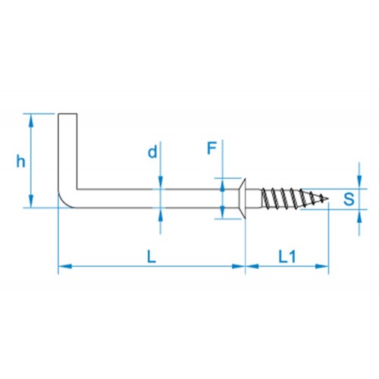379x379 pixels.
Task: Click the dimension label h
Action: click(x=20, y=161)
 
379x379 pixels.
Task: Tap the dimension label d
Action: click(x=152, y=152)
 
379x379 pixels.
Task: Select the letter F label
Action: click(x=211, y=149)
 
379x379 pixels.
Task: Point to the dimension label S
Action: click(x=349, y=199)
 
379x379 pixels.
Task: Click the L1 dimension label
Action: click(x=287, y=257)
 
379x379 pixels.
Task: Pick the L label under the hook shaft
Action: click(x=152, y=257)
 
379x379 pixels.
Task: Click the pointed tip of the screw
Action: click(x=328, y=199)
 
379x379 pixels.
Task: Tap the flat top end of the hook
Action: click(x=67, y=114)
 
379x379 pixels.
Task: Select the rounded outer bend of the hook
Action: click(x=64, y=202)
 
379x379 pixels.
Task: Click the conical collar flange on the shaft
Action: click(x=243, y=199)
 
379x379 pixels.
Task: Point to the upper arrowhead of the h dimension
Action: click(x=31, y=121)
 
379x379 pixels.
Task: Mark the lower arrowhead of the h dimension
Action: click(x=31, y=201)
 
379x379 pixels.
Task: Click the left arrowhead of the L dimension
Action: click(x=65, y=266)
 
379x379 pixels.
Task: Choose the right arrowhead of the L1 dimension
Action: click(x=322, y=266)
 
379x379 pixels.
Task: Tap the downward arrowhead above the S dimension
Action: click(x=359, y=182)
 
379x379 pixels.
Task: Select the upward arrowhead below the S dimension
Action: click(x=359, y=216)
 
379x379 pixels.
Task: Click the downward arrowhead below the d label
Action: click(x=161, y=183)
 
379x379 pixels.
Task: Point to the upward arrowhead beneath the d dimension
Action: click(x=161, y=215)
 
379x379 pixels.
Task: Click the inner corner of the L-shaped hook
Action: click(x=77, y=189)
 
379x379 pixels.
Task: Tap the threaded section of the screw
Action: click(x=293, y=199)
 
